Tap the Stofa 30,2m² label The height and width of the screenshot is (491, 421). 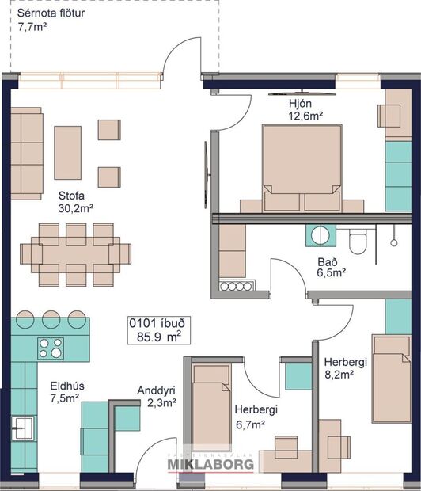pyautogui.click(x=76, y=202)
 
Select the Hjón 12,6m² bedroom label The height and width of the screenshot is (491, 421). pyautogui.click(x=305, y=108)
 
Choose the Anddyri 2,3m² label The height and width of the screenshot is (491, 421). pyautogui.click(x=155, y=397)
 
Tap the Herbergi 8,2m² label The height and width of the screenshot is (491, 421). pyautogui.click(x=346, y=368)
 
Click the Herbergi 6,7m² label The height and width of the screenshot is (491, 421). pyautogui.click(x=255, y=417)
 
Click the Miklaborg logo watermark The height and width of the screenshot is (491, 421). pyautogui.click(x=210, y=463)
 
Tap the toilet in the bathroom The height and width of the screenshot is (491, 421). pyautogui.click(x=358, y=240)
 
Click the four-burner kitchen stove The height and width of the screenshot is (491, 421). pyautogui.click(x=51, y=348)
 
